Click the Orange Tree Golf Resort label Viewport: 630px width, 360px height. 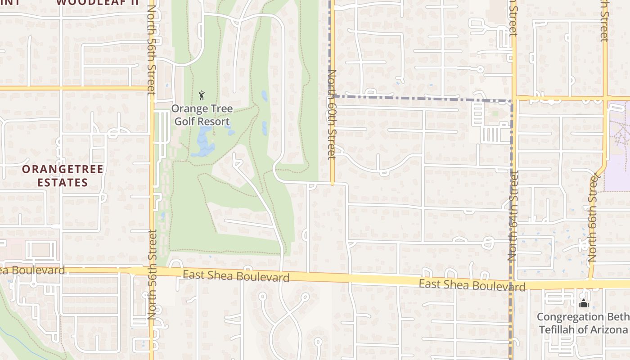click(202, 115)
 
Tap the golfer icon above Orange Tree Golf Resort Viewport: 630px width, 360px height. click(202, 95)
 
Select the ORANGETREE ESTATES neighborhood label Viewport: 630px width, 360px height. click(63, 176)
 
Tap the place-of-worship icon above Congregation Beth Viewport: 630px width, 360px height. click(583, 304)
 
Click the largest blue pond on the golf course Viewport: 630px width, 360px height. click(203, 143)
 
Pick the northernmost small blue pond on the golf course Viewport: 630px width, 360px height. click(264, 95)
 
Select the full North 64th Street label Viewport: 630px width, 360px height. click(512, 216)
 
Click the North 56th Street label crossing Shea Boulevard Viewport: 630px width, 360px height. click(152, 274)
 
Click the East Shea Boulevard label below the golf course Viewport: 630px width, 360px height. click(236, 275)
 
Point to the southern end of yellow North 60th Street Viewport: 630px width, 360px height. click(332, 183)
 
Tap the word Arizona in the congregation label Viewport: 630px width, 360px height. click(607, 329)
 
